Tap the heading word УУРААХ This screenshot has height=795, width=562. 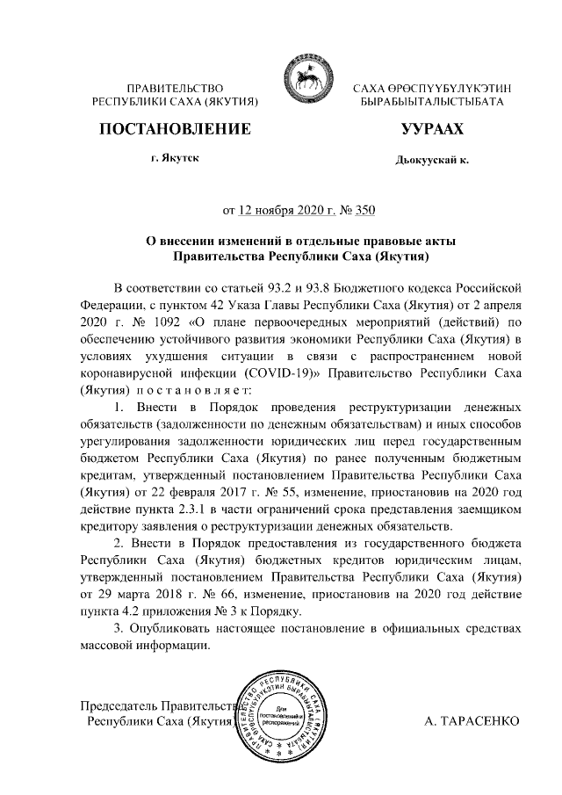pos(431,130)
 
